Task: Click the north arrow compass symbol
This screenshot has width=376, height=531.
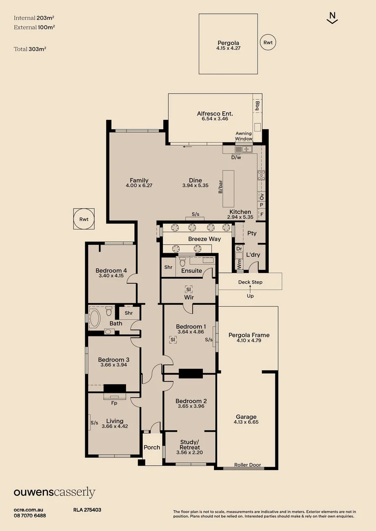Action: point(332,18)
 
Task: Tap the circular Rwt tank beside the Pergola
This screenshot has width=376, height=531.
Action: point(268,42)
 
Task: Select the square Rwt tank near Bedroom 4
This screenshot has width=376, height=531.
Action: point(84,219)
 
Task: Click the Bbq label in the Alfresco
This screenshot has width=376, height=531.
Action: point(257,106)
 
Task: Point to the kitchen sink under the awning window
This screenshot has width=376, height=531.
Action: point(244,149)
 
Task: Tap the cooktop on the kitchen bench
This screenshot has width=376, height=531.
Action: point(261,175)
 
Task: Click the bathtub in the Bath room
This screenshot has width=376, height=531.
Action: point(94,318)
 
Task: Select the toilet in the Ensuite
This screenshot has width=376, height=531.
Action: point(183,262)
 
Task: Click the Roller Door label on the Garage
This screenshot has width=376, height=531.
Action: point(248,465)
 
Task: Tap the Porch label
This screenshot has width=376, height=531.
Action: point(152,447)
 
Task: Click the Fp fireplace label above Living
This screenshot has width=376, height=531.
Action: point(114,403)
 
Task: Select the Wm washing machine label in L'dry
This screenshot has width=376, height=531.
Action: point(240,264)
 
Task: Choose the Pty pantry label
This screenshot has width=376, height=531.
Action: point(252,234)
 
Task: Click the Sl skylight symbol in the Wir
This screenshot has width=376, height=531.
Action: point(188,289)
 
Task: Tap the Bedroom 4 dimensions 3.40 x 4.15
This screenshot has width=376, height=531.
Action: point(111,276)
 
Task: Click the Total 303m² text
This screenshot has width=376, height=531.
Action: point(30,49)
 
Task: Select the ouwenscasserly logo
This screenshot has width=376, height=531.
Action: point(55,492)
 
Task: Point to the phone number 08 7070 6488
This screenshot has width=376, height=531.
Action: point(30,516)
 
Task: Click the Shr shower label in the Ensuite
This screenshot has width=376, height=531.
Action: point(168,267)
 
